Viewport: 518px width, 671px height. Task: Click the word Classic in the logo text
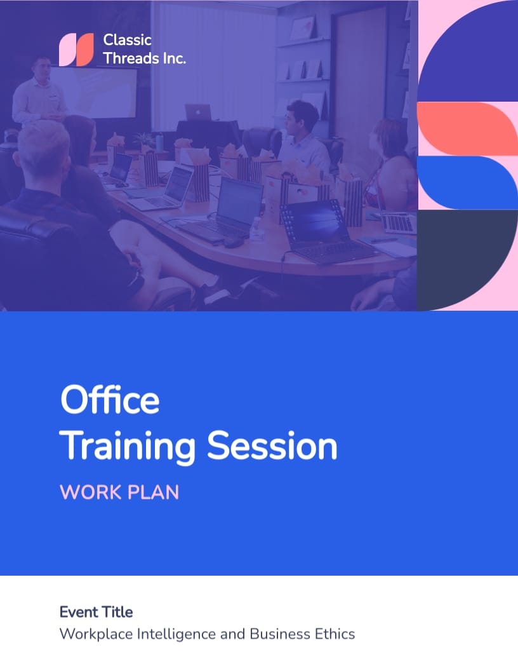point(128,40)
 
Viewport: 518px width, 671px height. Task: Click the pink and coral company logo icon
point(76,50)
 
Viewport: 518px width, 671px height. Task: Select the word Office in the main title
point(110,400)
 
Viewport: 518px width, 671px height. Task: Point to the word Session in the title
point(272,445)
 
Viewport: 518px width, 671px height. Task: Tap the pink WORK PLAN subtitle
point(119,492)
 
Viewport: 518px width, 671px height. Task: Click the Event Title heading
point(96,612)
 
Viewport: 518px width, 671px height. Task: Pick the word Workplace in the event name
point(96,634)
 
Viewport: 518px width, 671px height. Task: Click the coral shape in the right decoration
point(468,129)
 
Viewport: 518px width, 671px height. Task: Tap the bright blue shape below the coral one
point(468,183)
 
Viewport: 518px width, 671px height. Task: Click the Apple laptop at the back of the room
point(198,112)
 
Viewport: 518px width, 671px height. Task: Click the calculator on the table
point(398,222)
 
